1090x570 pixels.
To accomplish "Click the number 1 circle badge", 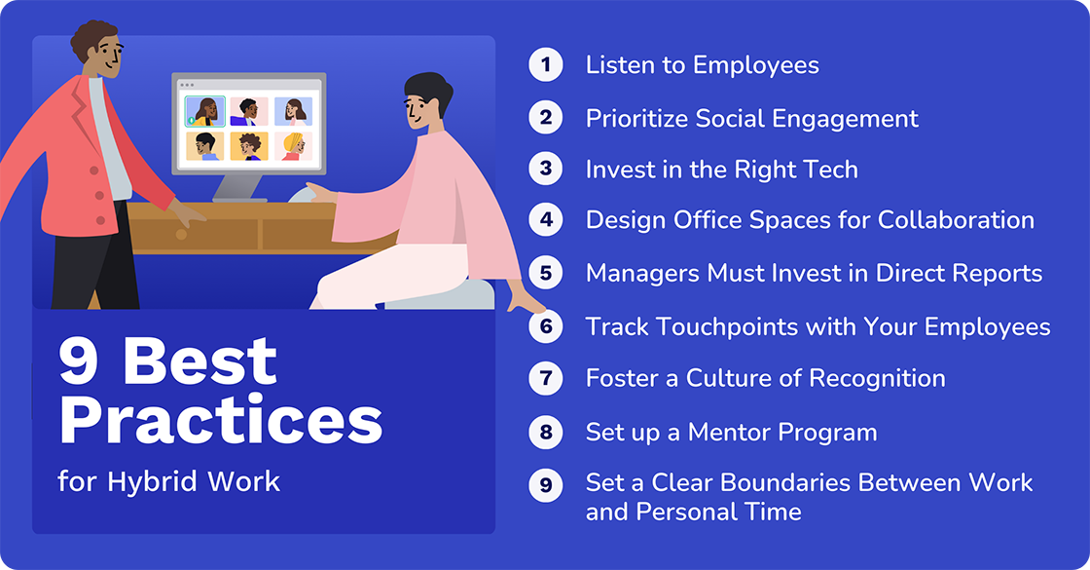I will [x=546, y=65].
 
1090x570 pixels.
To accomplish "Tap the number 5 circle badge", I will [x=546, y=274].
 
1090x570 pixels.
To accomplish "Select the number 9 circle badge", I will [x=546, y=483].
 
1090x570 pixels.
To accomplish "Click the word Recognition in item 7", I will [x=873, y=378].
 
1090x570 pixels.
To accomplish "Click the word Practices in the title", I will [x=220, y=421].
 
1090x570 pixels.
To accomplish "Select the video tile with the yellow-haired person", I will [x=292, y=146].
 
